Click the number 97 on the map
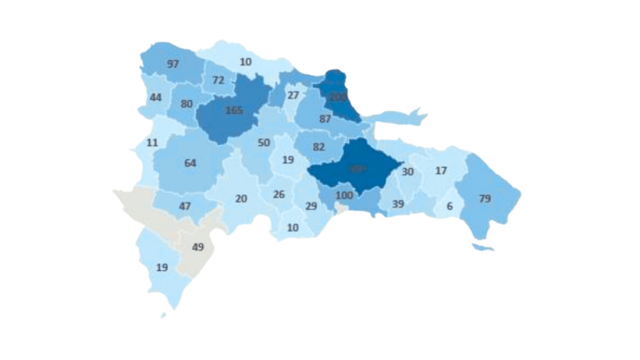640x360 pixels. click(x=173, y=63)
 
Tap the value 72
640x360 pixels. click(x=218, y=80)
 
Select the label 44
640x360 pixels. click(x=155, y=98)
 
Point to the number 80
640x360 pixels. click(x=187, y=104)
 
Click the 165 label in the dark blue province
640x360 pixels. click(x=233, y=111)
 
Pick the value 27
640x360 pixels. click(x=293, y=95)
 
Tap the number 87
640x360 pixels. click(x=325, y=119)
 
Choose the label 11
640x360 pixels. click(x=151, y=143)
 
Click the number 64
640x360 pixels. click(x=190, y=163)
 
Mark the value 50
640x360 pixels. click(x=264, y=143)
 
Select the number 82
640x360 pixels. click(x=318, y=147)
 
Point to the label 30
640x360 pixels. click(x=407, y=172)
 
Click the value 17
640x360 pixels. click(x=441, y=170)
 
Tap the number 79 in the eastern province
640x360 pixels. click(x=484, y=198)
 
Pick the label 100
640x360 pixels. click(x=345, y=194)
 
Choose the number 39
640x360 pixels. click(x=397, y=204)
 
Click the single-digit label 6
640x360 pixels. click(x=449, y=207)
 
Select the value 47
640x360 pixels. click(x=185, y=207)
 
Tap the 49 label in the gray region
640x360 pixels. click(x=197, y=248)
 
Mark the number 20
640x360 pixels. click(x=241, y=198)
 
